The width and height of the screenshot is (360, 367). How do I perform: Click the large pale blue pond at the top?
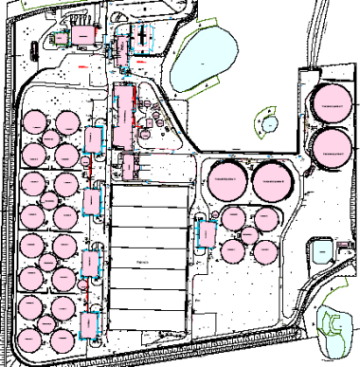205,57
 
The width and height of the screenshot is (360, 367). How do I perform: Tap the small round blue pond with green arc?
270,122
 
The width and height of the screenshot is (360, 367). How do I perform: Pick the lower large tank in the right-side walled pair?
330,146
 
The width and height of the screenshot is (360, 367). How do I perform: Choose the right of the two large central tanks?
271,178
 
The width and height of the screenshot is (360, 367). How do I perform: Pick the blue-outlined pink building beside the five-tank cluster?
203,232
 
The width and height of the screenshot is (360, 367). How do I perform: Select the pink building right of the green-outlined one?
84,36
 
